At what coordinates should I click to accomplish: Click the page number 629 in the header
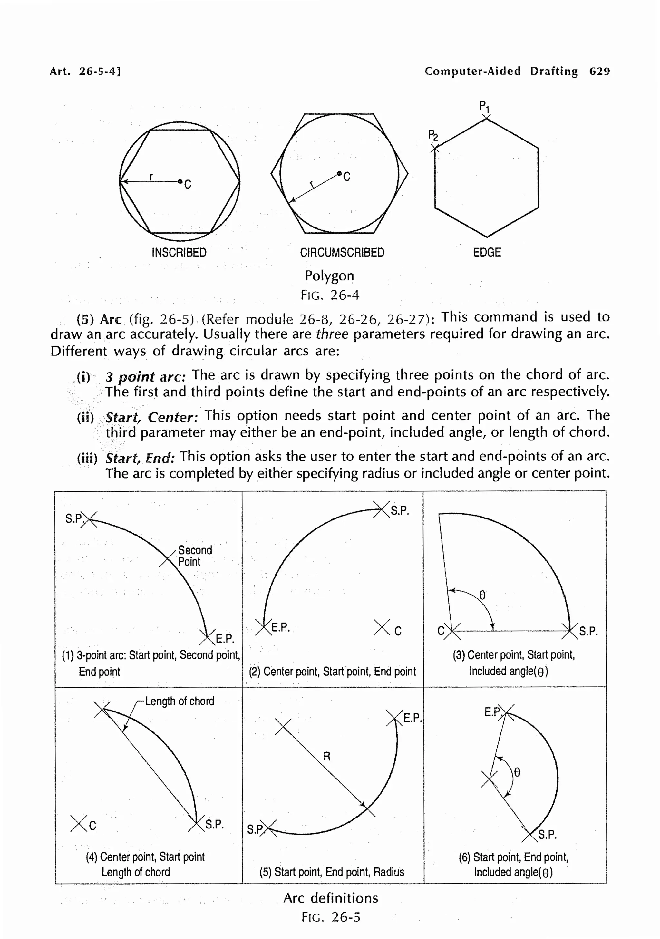pyautogui.click(x=599, y=71)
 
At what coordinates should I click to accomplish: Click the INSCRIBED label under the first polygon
pyautogui.click(x=179, y=252)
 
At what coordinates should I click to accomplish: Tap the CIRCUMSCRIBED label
pyautogui.click(x=342, y=252)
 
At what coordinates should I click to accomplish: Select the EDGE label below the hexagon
pyautogui.click(x=487, y=252)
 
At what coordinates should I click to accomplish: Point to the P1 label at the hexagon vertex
pyautogui.click(x=484, y=107)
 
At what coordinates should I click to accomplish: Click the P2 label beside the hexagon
pyautogui.click(x=432, y=135)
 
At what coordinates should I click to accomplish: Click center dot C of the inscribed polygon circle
pyautogui.click(x=180, y=181)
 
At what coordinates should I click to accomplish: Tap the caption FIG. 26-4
pyautogui.click(x=330, y=295)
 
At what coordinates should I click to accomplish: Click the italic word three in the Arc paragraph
pyautogui.click(x=332, y=334)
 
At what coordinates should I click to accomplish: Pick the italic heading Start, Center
pyautogui.click(x=151, y=417)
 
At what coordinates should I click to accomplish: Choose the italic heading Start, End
pyautogui.click(x=140, y=458)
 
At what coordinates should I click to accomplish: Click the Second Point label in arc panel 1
pyautogui.click(x=194, y=556)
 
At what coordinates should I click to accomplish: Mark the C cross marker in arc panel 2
pyautogui.click(x=382, y=627)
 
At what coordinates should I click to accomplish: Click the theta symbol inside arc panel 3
pyautogui.click(x=482, y=595)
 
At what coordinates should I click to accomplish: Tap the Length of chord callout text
pyautogui.click(x=179, y=702)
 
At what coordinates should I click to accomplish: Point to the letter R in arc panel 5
pyautogui.click(x=326, y=756)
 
